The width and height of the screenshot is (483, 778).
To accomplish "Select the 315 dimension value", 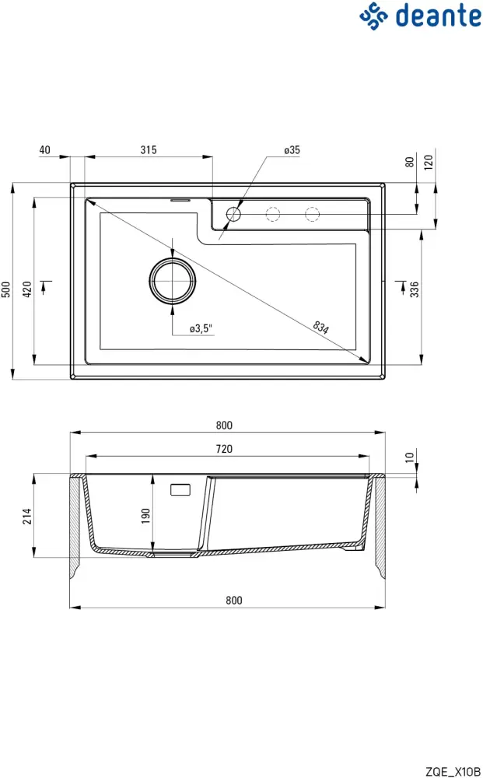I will point(149,150).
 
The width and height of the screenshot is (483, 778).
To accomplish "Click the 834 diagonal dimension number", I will point(321,327).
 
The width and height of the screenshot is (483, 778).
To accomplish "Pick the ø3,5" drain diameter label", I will point(201,329).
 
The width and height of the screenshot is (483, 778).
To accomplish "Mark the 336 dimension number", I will point(415,289).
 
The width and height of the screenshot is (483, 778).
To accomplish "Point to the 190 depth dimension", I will point(145,515).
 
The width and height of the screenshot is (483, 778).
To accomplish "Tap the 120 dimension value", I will point(429,162).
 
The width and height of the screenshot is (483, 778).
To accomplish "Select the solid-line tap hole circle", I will point(233,213).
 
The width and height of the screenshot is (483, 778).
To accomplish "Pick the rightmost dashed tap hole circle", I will point(312,213).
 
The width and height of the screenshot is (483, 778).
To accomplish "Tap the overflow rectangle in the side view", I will point(180,490).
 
